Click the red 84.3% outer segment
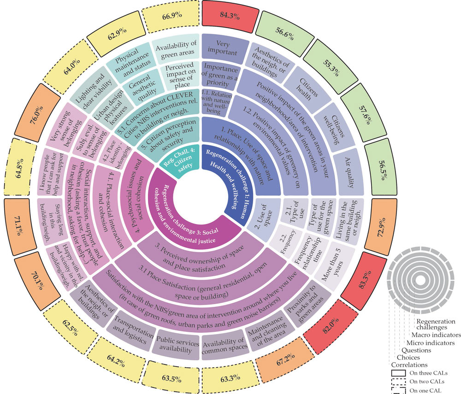[x=229, y=16]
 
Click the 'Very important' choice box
[x=223, y=48]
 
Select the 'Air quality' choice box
[x=349, y=172]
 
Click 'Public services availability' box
[x=177, y=345]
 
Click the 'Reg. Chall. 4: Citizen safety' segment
[x=180, y=161]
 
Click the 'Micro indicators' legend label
[x=431, y=343]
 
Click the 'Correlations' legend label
[x=409, y=365]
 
